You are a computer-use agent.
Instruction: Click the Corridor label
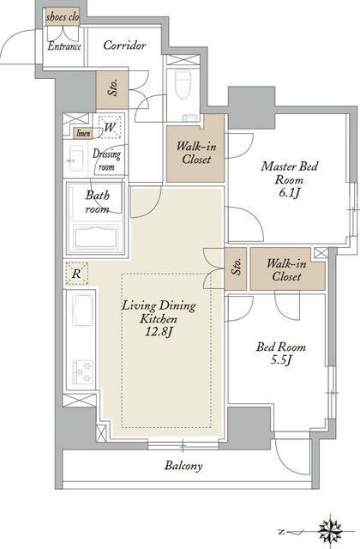click(x=124, y=45)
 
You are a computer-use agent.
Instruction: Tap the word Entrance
click(x=64, y=46)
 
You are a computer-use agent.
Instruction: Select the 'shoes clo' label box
click(x=63, y=17)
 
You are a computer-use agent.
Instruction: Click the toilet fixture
click(x=183, y=86)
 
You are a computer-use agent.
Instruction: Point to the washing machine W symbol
click(x=110, y=126)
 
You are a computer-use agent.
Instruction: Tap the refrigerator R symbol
click(x=76, y=273)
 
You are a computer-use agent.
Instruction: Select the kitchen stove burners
click(x=82, y=371)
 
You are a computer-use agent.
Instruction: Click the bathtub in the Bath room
click(x=95, y=237)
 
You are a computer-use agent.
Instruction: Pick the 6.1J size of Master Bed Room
click(x=289, y=193)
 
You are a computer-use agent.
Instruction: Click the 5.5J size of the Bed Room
click(x=281, y=360)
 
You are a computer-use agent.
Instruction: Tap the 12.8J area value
click(x=159, y=332)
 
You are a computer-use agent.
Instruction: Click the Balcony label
click(x=183, y=466)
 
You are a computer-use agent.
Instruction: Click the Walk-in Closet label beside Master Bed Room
click(x=196, y=153)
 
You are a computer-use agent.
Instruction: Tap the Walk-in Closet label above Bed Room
click(x=286, y=270)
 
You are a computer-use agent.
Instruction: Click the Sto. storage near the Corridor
click(x=112, y=89)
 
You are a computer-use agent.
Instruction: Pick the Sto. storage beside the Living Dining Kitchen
click(x=237, y=268)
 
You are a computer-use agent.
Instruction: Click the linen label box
click(x=83, y=134)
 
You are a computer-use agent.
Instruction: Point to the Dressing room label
click(x=106, y=160)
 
